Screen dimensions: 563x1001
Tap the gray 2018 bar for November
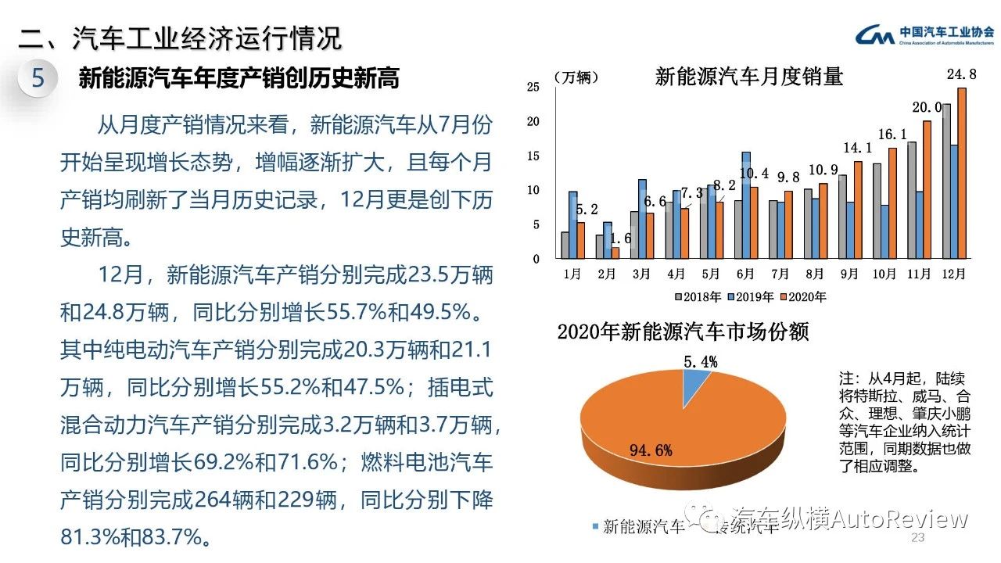(x=912, y=200)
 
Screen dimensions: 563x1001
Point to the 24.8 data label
(x=961, y=75)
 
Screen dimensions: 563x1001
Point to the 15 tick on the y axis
(x=533, y=156)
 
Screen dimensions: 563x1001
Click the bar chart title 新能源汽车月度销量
(x=748, y=77)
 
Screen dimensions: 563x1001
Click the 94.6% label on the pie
(x=651, y=449)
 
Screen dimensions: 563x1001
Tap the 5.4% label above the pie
(x=700, y=361)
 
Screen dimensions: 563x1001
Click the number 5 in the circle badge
(x=38, y=78)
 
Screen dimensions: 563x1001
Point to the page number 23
(x=918, y=539)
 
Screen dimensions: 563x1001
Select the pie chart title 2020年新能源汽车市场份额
(x=683, y=332)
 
